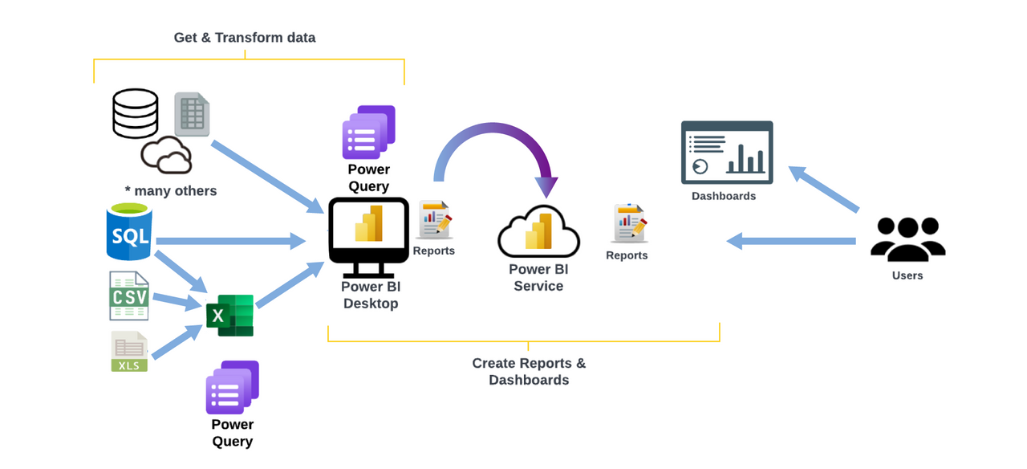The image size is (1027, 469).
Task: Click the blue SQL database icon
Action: [129, 232]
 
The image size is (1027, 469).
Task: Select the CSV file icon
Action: [129, 296]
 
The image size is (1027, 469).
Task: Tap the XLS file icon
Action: [129, 352]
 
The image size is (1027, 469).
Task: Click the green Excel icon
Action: [230, 315]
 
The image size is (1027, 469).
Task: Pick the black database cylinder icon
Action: [136, 113]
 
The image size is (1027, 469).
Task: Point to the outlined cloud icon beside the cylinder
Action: [167, 155]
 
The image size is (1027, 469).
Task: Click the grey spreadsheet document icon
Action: [193, 114]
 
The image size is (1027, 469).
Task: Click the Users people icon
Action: [907, 239]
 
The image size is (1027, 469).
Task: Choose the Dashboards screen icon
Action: [727, 153]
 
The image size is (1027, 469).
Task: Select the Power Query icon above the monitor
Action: [369, 132]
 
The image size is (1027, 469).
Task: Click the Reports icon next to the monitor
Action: [435, 220]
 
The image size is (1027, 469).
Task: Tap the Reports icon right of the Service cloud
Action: [628, 223]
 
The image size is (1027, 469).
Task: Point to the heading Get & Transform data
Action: [245, 38]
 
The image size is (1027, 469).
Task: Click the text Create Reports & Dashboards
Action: [529, 371]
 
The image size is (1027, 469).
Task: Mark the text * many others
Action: [171, 191]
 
